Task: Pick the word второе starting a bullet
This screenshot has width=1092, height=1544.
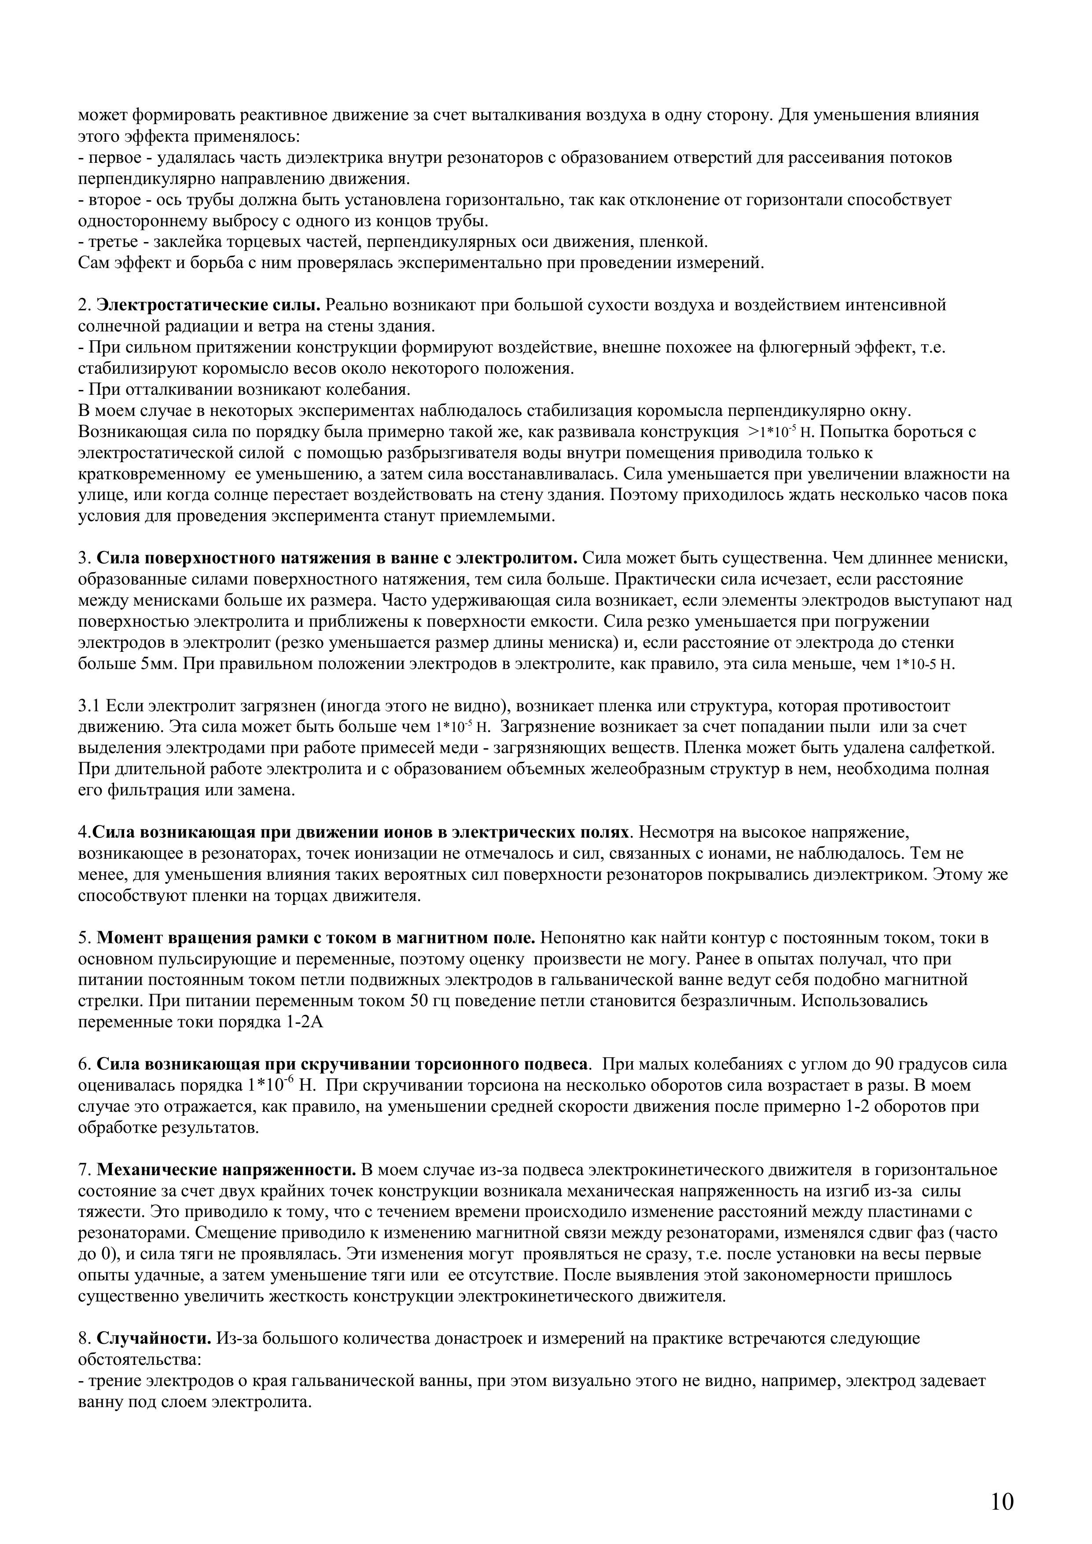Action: pos(112,200)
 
